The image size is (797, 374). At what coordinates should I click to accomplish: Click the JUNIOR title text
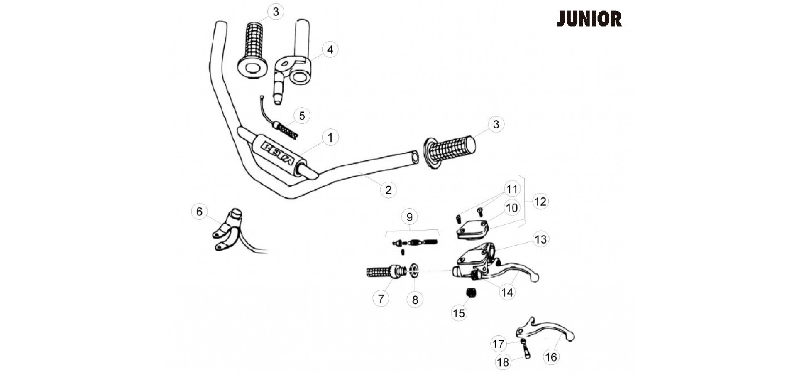point(589,19)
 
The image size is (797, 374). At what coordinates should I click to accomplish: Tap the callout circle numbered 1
point(330,138)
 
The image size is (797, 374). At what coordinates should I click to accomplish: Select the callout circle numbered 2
point(389,190)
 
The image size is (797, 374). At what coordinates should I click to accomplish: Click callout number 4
point(330,49)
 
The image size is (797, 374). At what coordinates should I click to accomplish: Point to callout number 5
point(302,116)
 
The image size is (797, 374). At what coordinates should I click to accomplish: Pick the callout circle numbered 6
point(199,212)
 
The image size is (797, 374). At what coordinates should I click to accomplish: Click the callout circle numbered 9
point(410,217)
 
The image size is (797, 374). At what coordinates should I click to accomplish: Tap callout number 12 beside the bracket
point(540,201)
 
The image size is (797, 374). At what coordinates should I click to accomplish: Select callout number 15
point(459,313)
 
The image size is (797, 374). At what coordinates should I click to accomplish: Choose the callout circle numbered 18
point(503,362)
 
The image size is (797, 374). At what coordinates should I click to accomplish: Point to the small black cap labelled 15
point(471,293)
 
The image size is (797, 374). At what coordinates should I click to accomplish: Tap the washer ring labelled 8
point(414,270)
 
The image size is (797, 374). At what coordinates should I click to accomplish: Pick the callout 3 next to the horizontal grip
point(496,124)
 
